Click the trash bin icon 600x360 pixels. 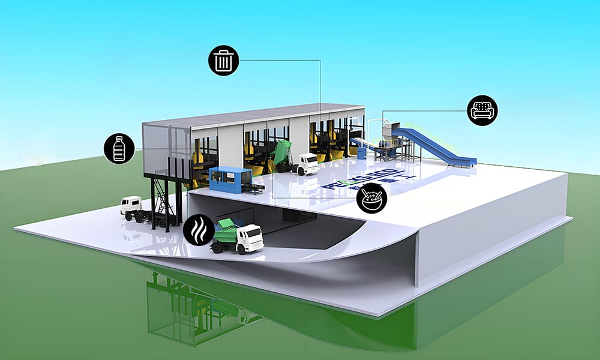pos(224,60)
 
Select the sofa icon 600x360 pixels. pos(482,110)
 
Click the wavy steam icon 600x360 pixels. pos(198,230)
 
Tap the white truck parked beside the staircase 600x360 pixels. pos(137,208)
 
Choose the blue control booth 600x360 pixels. pos(229,179)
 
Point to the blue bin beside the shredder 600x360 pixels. pos(362,152)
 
